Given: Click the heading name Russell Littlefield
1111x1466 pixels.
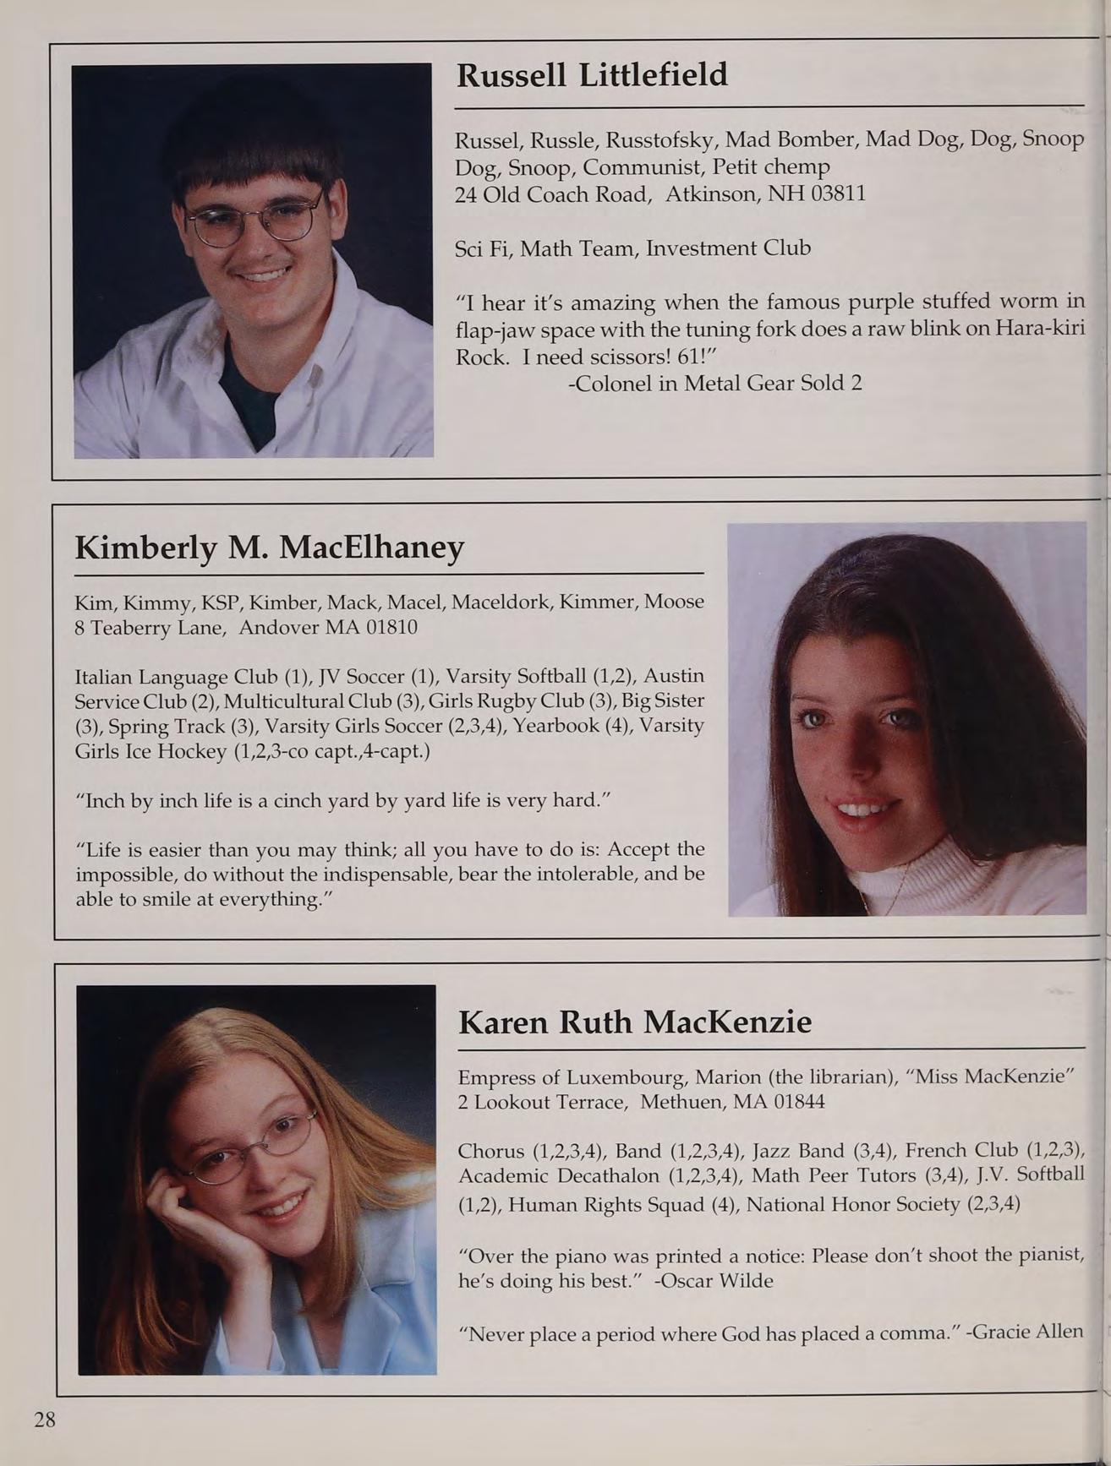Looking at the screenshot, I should [592, 75].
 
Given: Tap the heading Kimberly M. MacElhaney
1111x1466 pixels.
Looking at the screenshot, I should [270, 548].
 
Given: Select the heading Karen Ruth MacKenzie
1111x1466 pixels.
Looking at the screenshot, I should [634, 1022].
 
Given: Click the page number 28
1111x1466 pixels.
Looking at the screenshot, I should [45, 1419].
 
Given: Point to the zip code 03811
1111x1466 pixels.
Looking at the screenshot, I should [838, 194].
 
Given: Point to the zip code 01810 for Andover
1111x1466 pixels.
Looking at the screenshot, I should [391, 628].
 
